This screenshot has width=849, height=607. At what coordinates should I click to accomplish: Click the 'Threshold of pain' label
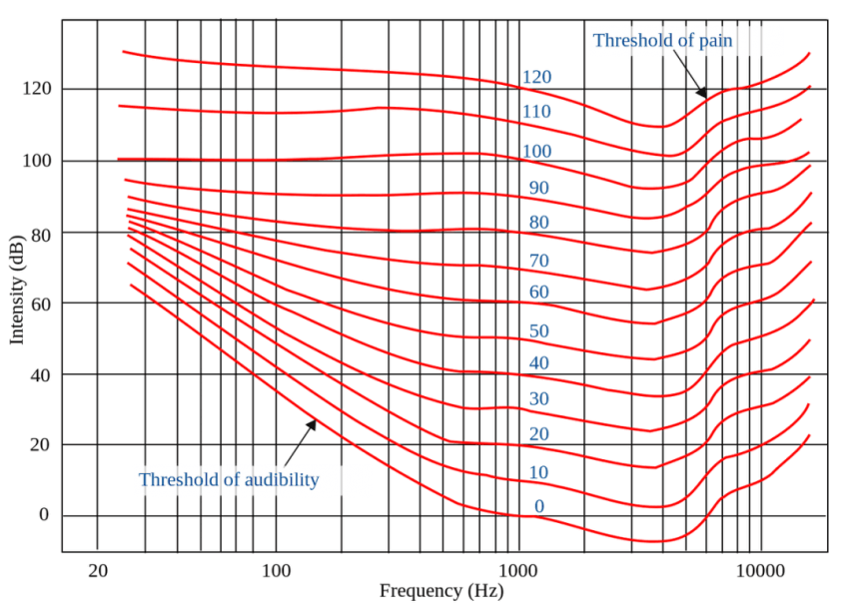pos(662,41)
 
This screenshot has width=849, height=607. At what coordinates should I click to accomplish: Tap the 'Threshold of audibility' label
pos(229,480)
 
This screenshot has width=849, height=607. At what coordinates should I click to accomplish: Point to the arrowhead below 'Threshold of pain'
pos(702,93)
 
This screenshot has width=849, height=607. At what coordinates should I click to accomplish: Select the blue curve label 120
pos(536,77)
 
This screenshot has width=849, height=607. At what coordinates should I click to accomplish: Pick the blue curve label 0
pos(539,506)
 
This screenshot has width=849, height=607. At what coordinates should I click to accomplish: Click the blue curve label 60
pos(539,293)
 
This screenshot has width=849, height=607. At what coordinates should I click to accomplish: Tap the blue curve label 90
pos(539,188)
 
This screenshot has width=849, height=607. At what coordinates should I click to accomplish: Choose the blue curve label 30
pos(539,399)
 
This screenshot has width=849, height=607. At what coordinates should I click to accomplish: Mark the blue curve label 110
pos(536,112)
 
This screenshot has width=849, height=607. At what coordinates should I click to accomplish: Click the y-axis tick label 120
pos(36,90)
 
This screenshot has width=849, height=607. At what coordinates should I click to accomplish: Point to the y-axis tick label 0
pos(44,515)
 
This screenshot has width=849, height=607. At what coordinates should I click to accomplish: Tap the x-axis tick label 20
pos(97,571)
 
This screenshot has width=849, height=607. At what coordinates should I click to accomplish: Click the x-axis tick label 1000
pos(517,571)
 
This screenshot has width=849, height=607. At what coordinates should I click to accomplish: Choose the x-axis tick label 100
pos(276,571)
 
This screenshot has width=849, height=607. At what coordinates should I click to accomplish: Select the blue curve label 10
pos(539,472)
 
